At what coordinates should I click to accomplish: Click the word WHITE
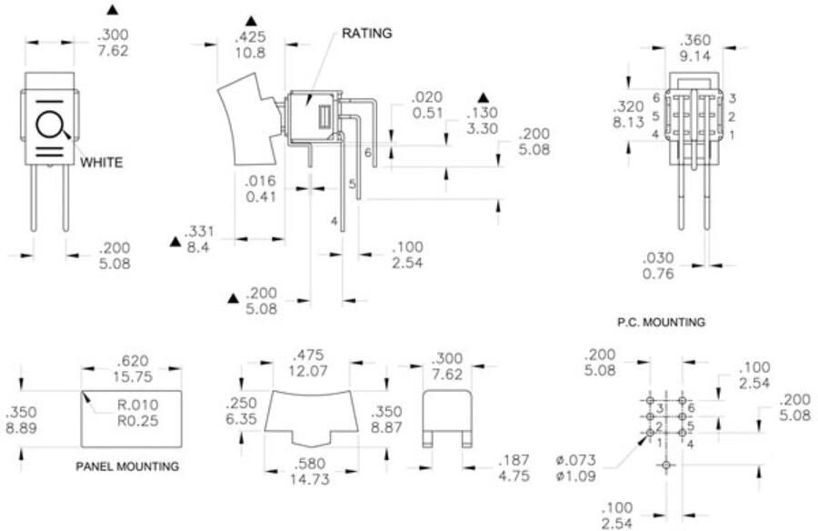[101, 163]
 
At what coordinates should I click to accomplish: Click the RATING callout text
[367, 34]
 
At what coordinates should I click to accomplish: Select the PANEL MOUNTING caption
[128, 466]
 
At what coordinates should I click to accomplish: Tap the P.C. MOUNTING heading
[661, 321]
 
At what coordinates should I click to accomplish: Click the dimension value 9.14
[696, 56]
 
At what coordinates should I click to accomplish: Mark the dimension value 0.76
[659, 274]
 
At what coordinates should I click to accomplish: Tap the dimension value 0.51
[426, 114]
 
